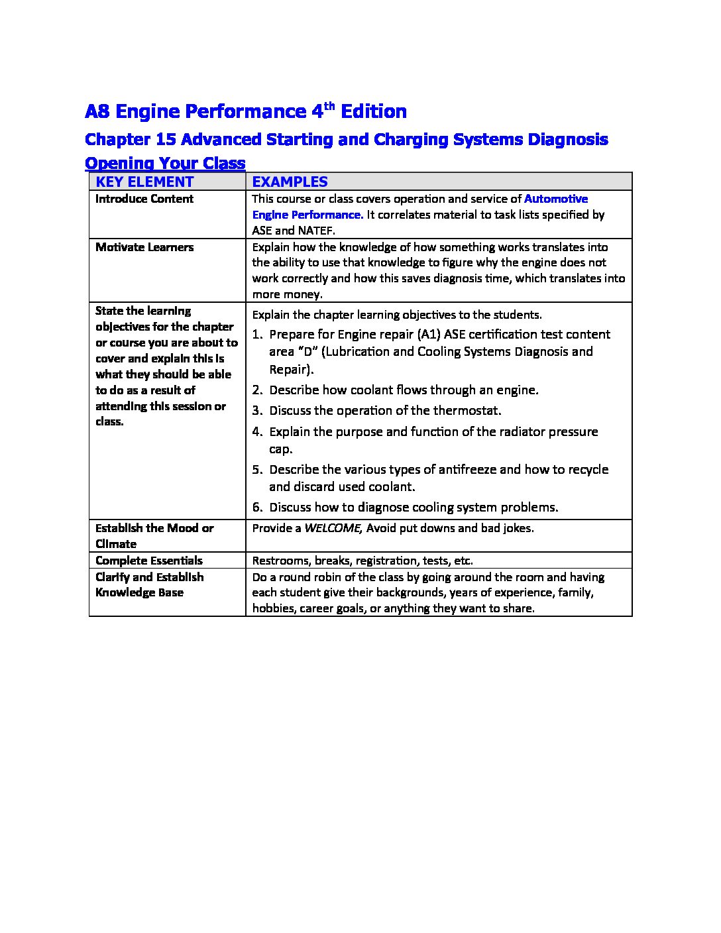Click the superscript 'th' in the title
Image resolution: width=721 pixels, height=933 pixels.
(331, 105)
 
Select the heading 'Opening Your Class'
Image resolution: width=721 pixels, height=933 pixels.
(165, 163)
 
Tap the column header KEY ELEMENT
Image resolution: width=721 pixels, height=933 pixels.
(144, 182)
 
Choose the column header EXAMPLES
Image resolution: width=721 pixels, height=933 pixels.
(290, 182)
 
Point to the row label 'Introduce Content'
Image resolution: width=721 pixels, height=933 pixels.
(144, 199)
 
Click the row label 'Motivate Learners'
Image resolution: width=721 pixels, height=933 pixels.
(144, 247)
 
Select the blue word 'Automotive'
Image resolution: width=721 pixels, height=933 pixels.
(556, 199)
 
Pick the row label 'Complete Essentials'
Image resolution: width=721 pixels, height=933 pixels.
(149, 561)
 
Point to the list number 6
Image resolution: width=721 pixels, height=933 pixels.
(257, 508)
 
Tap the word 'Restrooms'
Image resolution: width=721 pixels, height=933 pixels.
(281, 561)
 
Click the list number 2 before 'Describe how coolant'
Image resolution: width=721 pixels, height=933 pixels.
(257, 390)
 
